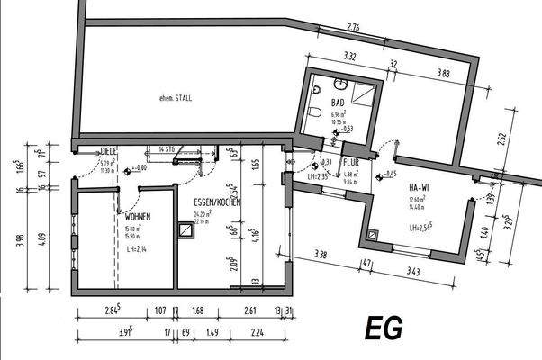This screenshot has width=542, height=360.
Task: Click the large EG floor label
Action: click(x=384, y=326)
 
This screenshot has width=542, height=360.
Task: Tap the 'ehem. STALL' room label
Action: click(x=176, y=97)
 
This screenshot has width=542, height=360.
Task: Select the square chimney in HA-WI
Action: click(x=375, y=238)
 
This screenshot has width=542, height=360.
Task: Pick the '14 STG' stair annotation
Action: click(x=166, y=147)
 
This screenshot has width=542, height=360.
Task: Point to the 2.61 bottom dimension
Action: click(x=249, y=311)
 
